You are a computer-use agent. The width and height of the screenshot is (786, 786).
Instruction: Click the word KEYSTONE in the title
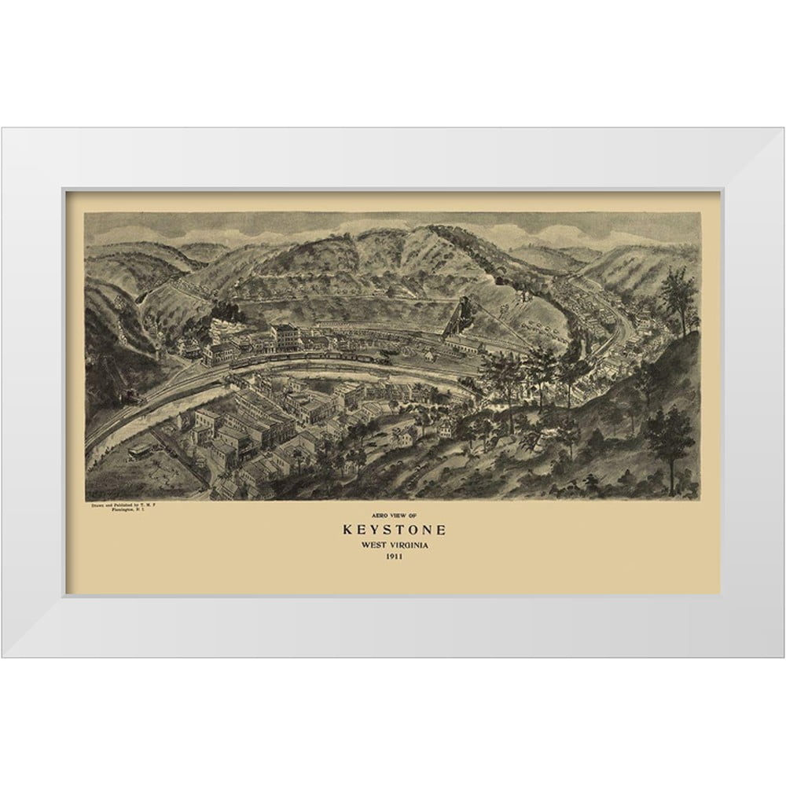coord(392,528)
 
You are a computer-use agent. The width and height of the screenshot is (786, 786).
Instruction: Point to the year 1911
coord(392,558)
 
